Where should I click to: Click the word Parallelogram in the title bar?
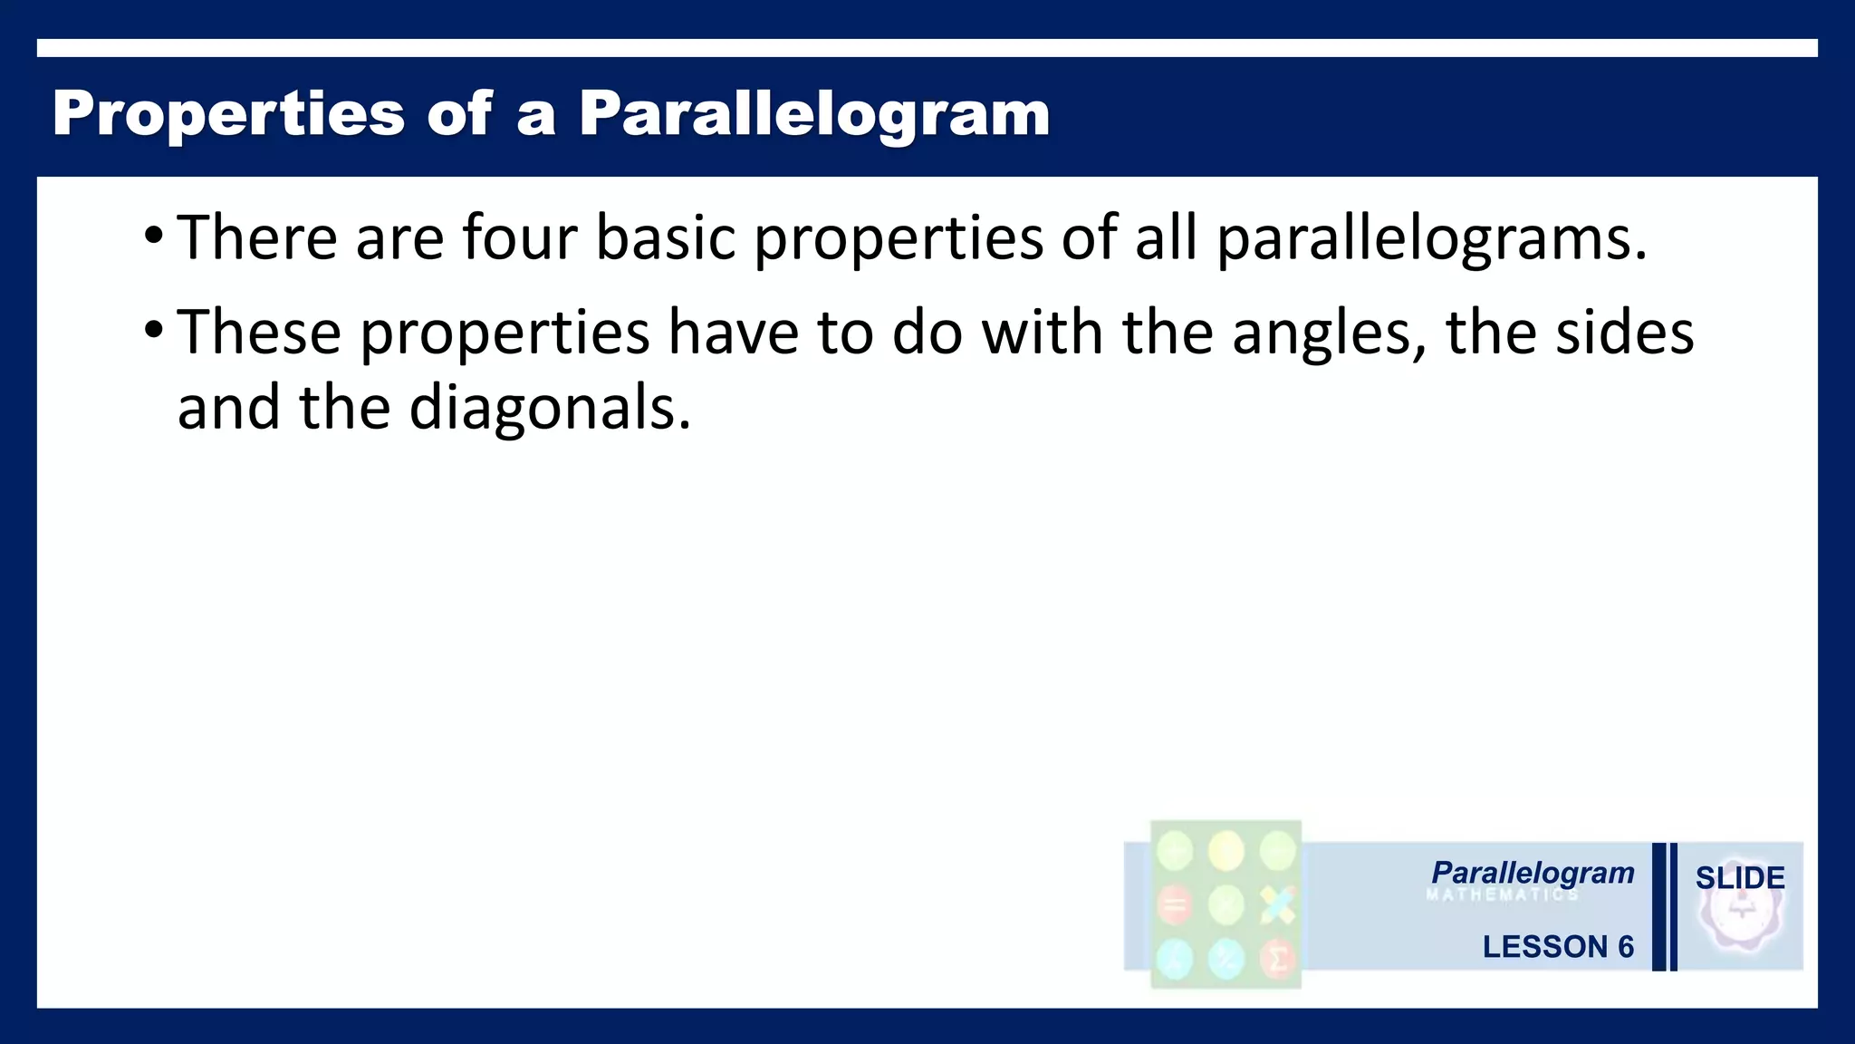813,115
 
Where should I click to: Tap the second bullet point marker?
153,331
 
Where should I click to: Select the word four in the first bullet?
519,237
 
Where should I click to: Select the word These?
259,332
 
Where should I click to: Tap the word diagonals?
549,409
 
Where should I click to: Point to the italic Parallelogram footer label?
1533,873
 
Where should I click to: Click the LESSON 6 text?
1557,946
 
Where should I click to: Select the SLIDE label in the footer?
1739,877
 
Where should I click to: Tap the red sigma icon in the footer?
1277,958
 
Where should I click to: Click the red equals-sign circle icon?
1175,904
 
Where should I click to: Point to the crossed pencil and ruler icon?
1277,904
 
